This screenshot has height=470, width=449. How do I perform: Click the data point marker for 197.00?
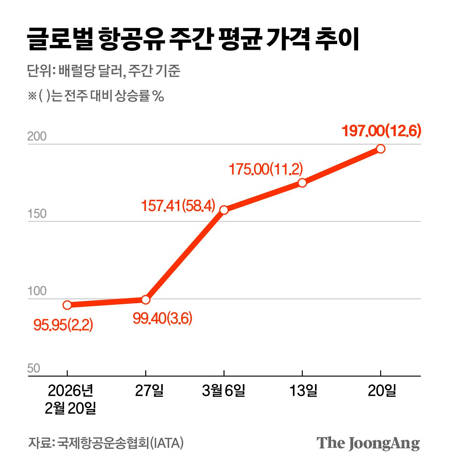(381, 149)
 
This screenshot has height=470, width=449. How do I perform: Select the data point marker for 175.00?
(302, 183)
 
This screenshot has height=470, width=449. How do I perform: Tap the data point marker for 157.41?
(224, 210)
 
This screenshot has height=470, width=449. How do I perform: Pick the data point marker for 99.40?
(146, 300)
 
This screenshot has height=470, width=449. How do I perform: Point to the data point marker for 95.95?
(67, 305)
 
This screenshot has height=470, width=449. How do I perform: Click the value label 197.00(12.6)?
(381, 131)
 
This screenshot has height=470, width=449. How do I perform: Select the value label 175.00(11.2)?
(266, 169)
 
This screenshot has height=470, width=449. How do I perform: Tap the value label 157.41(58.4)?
(178, 205)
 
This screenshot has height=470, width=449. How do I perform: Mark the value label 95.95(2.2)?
(63, 325)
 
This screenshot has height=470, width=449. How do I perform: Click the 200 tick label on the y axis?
(37, 136)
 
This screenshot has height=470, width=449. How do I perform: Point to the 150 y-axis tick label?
(37, 214)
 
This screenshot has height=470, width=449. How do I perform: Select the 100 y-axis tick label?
(37, 291)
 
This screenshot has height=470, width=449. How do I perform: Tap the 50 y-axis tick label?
(34, 368)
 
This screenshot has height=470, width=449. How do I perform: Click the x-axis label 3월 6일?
(223, 390)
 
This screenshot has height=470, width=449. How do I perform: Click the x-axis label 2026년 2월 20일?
(71, 399)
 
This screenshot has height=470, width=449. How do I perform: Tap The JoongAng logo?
(368, 443)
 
